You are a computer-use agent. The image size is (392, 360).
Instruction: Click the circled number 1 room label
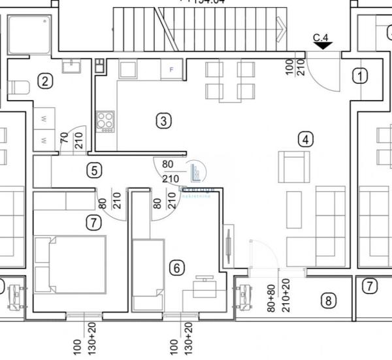click(359, 76)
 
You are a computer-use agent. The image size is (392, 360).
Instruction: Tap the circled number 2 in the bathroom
click(44, 81)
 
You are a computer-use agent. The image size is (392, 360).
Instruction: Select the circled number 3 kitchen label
click(163, 120)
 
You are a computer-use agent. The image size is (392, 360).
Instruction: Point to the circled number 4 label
click(305, 139)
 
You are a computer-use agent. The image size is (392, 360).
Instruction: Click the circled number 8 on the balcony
click(328, 301)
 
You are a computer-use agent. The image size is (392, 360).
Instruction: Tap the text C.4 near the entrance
click(321, 38)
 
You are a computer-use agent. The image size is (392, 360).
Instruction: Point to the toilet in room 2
click(20, 88)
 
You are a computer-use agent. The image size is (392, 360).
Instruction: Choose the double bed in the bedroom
click(71, 264)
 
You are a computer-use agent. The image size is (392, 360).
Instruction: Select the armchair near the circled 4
click(293, 166)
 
